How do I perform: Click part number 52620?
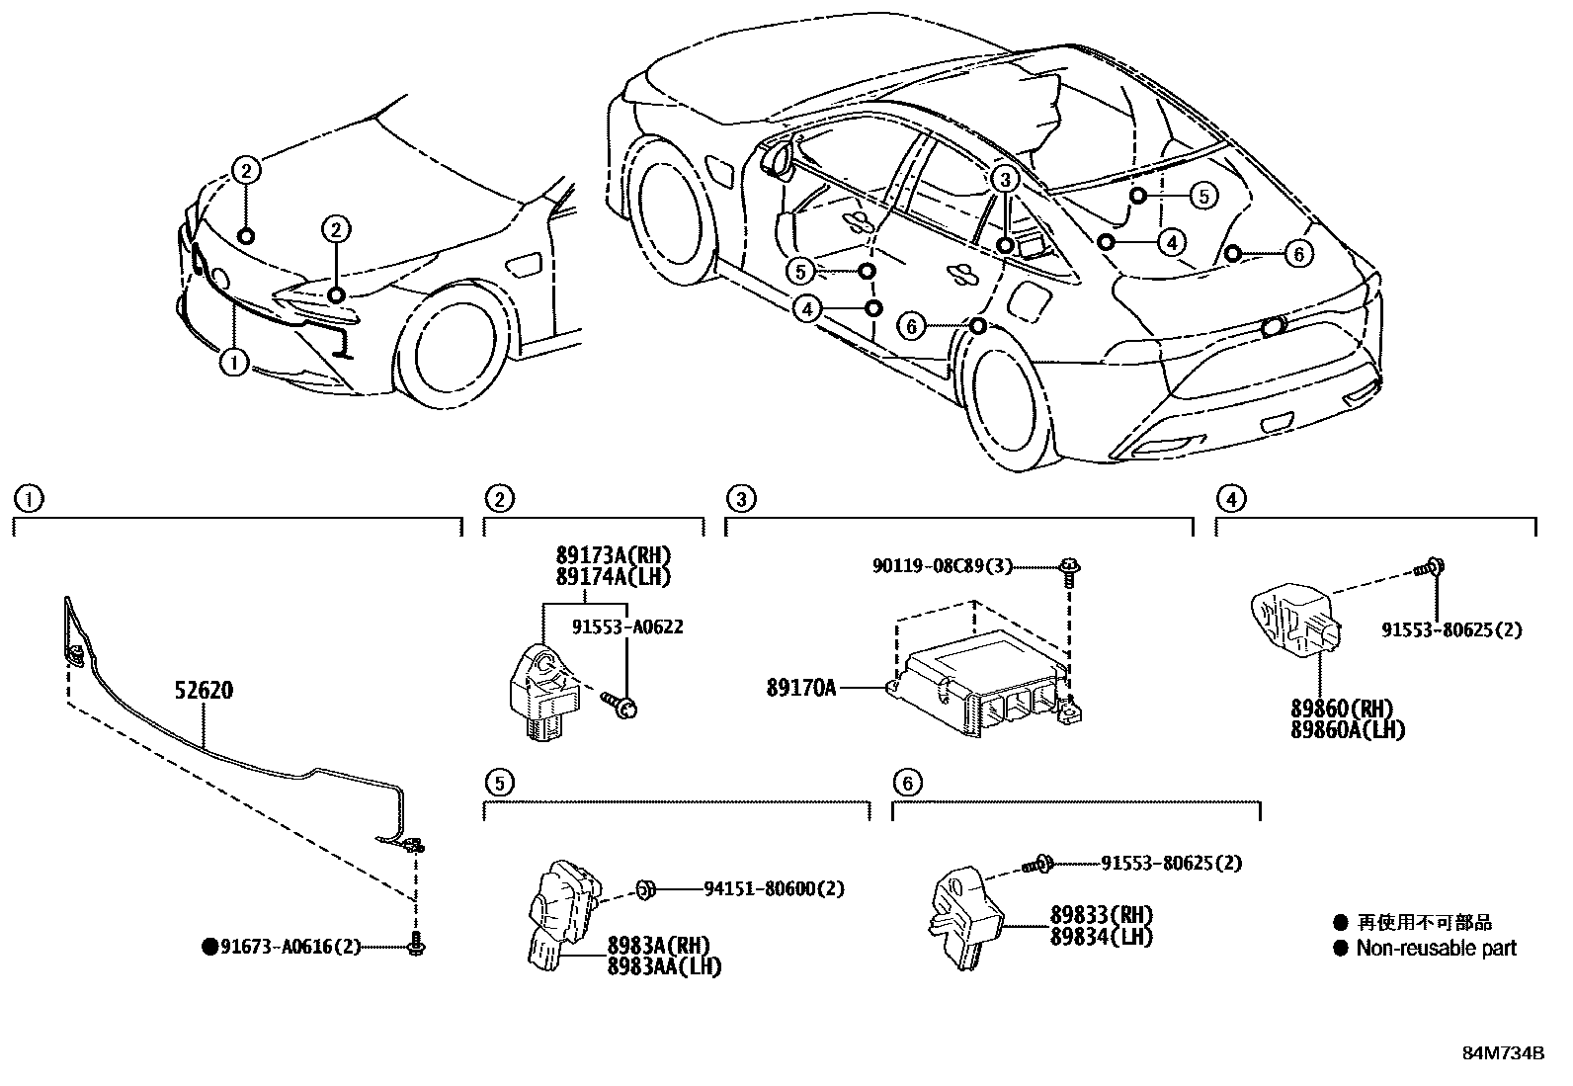click(205, 690)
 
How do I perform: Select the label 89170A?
click(800, 686)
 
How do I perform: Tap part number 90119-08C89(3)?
click(943, 566)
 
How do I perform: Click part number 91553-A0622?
click(627, 627)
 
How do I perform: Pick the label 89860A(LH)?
click(1347, 730)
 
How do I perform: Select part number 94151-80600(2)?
click(774, 889)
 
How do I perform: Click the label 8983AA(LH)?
click(664, 967)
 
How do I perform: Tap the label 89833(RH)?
click(1102, 916)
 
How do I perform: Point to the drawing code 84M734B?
click(1503, 1052)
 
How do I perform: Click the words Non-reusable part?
click(1435, 949)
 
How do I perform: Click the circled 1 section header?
click(30, 499)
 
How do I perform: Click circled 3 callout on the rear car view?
click(1004, 180)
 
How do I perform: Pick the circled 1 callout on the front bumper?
click(234, 363)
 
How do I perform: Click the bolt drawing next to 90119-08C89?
click(1068, 570)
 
